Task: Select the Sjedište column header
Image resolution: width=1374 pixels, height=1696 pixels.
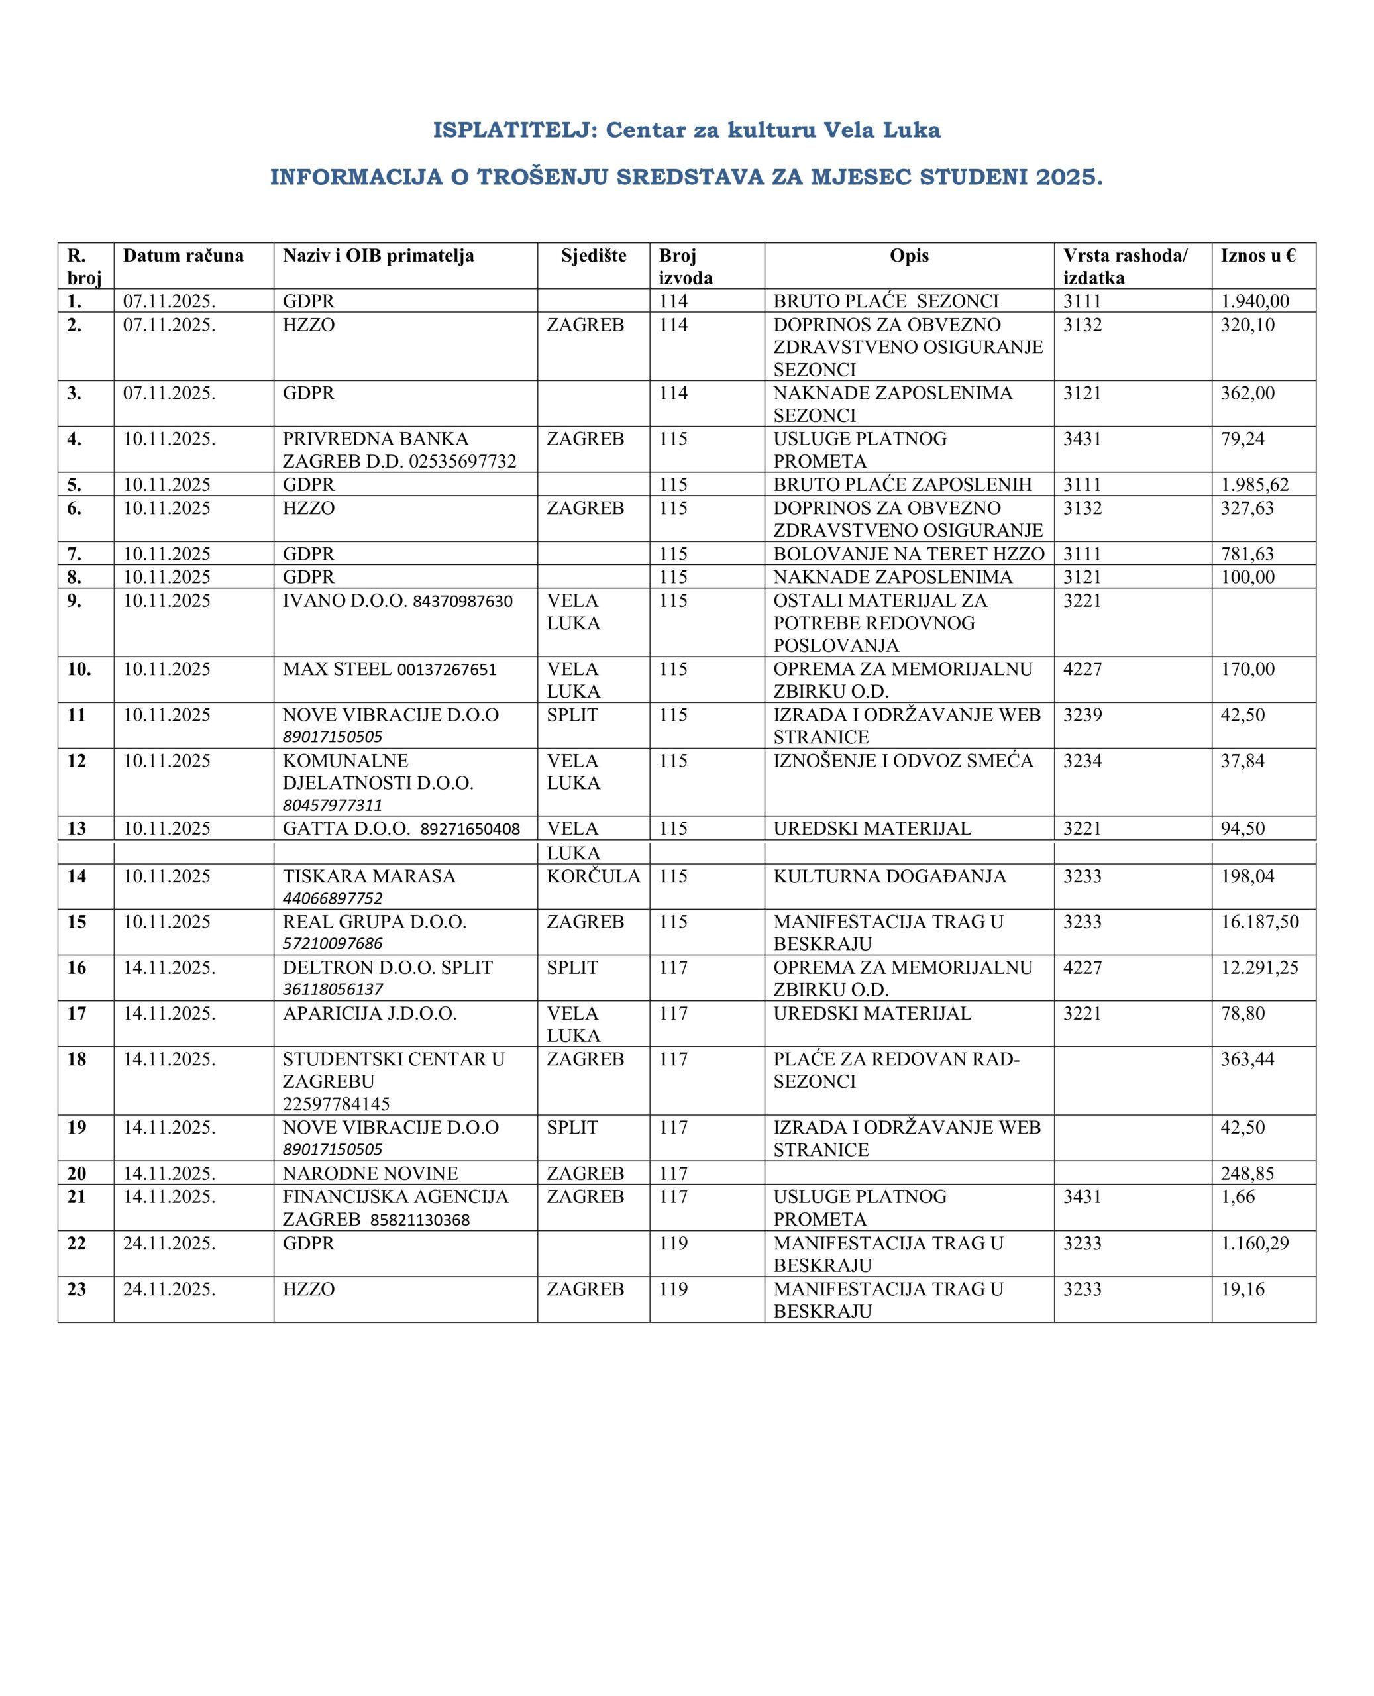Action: coord(594,256)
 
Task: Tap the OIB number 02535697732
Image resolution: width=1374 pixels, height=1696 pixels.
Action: coord(462,461)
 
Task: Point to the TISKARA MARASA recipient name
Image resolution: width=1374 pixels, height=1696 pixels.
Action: coord(369,876)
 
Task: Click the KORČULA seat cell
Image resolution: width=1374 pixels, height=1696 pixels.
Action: coord(593,876)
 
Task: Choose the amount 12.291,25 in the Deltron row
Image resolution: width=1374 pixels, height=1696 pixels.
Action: coord(1259,968)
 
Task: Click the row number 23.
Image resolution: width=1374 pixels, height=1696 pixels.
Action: coord(77,1289)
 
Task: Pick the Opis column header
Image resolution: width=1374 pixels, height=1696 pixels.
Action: coord(909,256)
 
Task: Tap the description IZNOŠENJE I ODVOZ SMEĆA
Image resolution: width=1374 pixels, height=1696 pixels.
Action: coord(903,761)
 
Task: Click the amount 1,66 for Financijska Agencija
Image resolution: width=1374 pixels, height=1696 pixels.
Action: coord(1238,1196)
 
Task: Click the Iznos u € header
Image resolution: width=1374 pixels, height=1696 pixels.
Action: coord(1257,256)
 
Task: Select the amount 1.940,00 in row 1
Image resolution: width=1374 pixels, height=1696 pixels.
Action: coord(1255,301)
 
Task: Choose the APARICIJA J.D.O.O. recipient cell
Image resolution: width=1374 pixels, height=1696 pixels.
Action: coord(370,1014)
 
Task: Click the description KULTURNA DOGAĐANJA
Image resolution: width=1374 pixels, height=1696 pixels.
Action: coord(890,876)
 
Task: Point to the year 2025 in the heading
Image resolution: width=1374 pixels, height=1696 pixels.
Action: coord(1069,178)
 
